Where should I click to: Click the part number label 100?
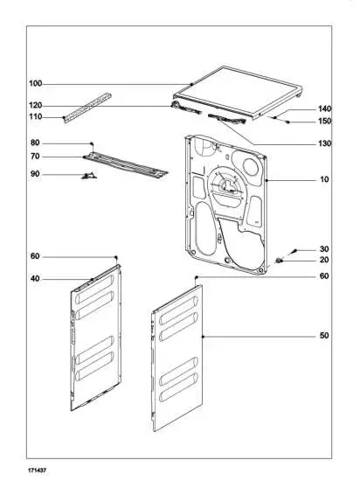(x=35, y=84)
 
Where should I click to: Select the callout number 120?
(x=35, y=105)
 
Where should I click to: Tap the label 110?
(x=35, y=116)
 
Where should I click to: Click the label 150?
(x=324, y=122)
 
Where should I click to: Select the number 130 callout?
(x=324, y=143)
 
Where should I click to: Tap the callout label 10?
(x=324, y=179)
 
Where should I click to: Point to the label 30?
(x=324, y=248)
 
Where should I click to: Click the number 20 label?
(x=324, y=260)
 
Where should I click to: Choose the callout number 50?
(x=324, y=336)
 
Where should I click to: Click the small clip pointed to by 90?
(x=87, y=176)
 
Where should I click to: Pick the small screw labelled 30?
(x=294, y=251)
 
